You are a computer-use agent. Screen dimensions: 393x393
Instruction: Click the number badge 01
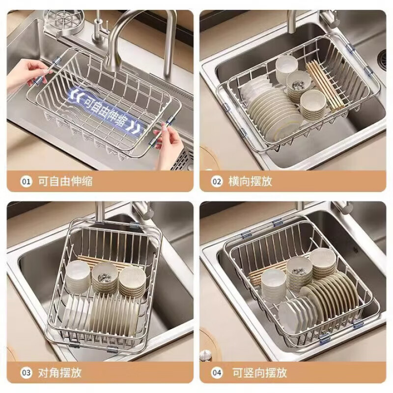(x=26, y=181)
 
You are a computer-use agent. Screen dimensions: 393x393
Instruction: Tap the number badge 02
(x=217, y=181)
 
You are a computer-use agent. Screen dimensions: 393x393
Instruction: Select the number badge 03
(x=26, y=373)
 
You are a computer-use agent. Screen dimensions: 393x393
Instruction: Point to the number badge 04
(x=217, y=373)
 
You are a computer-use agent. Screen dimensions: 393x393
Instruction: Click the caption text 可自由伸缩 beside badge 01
(x=65, y=181)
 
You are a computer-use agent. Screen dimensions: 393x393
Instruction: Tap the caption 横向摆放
(x=251, y=181)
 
